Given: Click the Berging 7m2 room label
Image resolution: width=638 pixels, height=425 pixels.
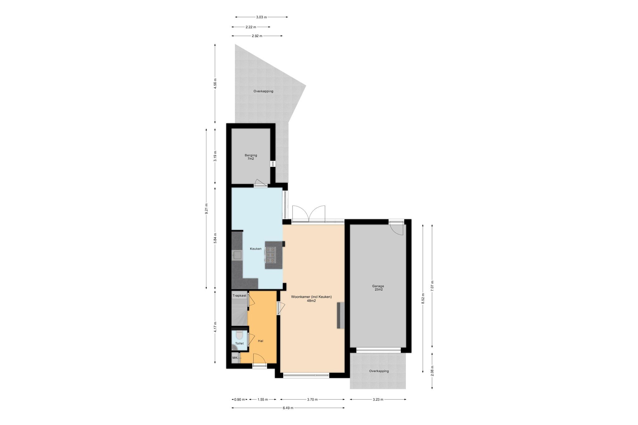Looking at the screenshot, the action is (251, 157).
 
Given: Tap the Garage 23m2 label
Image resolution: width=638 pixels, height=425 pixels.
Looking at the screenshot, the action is (378, 288).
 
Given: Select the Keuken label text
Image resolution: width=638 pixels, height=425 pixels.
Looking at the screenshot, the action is (256, 249).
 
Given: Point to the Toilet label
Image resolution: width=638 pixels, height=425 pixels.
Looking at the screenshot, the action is (239, 343).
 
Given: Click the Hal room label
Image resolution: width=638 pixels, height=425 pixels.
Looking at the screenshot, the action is (261, 341).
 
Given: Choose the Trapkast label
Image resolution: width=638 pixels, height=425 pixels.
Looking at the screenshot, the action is (239, 295).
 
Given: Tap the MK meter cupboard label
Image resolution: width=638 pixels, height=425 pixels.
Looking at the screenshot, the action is (235, 358).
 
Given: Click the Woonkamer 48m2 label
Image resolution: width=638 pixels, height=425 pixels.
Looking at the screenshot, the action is (312, 299).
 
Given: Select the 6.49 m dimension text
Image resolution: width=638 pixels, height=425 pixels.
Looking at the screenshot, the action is (288, 408).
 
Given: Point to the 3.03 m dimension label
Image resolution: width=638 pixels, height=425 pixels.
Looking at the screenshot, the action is (261, 17).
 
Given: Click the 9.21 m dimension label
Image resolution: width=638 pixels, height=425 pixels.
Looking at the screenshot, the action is (206, 209).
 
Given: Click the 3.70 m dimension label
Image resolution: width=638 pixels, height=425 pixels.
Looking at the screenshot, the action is (312, 399).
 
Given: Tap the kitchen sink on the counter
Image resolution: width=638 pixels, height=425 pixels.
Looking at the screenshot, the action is (237, 255).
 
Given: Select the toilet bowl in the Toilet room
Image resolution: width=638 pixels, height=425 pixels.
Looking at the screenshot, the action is (239, 335).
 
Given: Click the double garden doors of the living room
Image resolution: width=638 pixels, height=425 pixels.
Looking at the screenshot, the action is (309, 214).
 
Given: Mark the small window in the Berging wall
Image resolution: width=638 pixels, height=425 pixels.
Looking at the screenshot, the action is (273, 164).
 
